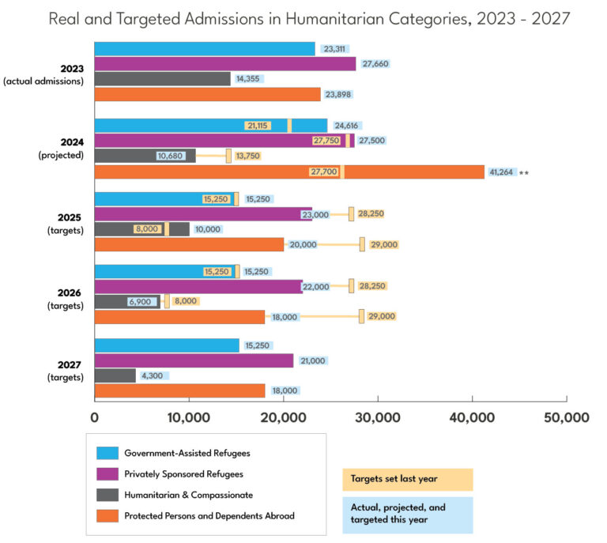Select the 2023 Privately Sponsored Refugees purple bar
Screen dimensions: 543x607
pyautogui.click(x=225, y=64)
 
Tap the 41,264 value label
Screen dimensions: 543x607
pyautogui.click(x=501, y=172)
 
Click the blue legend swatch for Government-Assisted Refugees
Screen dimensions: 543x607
pyautogui.click(x=107, y=453)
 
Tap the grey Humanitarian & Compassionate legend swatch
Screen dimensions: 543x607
pyautogui.click(x=107, y=495)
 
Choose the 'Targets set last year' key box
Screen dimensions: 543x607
pyautogui.click(x=408, y=480)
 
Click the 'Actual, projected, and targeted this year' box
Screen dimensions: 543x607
pyautogui.click(x=408, y=514)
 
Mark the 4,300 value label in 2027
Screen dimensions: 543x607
pyautogui.click(x=151, y=375)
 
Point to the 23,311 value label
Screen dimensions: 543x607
pyautogui.click(x=334, y=49)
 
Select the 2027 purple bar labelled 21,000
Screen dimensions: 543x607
pyautogui.click(x=194, y=361)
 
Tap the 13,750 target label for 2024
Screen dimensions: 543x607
pyautogui.click(x=247, y=156)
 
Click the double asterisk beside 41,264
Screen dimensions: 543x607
pyautogui.click(x=524, y=172)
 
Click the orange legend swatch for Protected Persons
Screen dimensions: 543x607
pyautogui.click(x=107, y=516)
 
